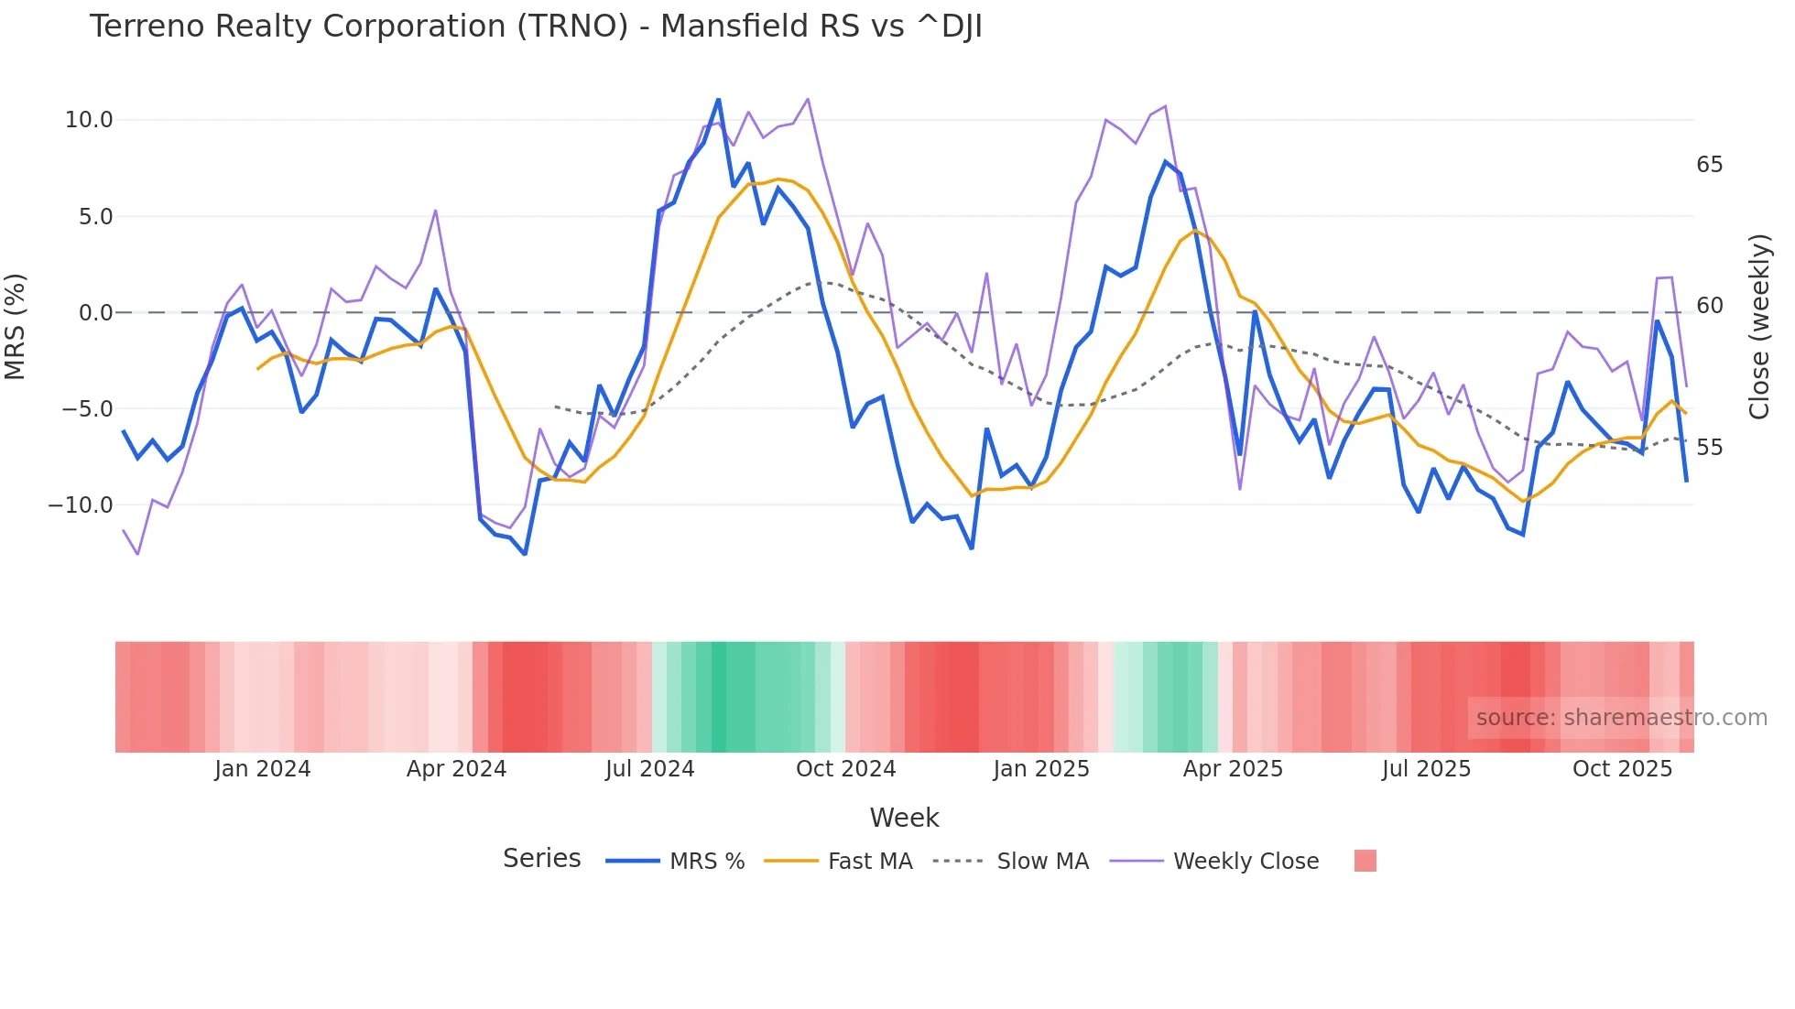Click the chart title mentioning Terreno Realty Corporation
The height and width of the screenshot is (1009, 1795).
(x=536, y=27)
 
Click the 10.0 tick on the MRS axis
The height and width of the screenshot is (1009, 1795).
(x=89, y=120)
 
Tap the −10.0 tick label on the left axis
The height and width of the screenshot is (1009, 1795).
(x=81, y=505)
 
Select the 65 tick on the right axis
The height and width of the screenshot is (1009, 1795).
(x=1709, y=165)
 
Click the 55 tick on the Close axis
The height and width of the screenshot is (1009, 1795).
(x=1709, y=448)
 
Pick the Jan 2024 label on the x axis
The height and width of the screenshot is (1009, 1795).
(x=263, y=769)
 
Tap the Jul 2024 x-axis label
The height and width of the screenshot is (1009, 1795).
(x=649, y=769)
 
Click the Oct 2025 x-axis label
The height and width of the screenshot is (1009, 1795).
(x=1622, y=769)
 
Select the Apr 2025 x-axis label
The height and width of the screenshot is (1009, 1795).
(x=1233, y=769)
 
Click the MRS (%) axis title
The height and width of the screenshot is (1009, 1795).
(x=16, y=326)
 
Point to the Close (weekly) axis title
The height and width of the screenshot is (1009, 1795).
(x=1758, y=326)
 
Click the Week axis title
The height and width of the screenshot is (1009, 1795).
(x=904, y=818)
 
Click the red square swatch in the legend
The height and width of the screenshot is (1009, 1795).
(x=1365, y=861)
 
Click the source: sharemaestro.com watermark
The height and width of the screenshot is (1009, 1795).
(x=1621, y=718)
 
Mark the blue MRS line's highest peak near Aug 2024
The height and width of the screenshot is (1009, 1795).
(x=718, y=99)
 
